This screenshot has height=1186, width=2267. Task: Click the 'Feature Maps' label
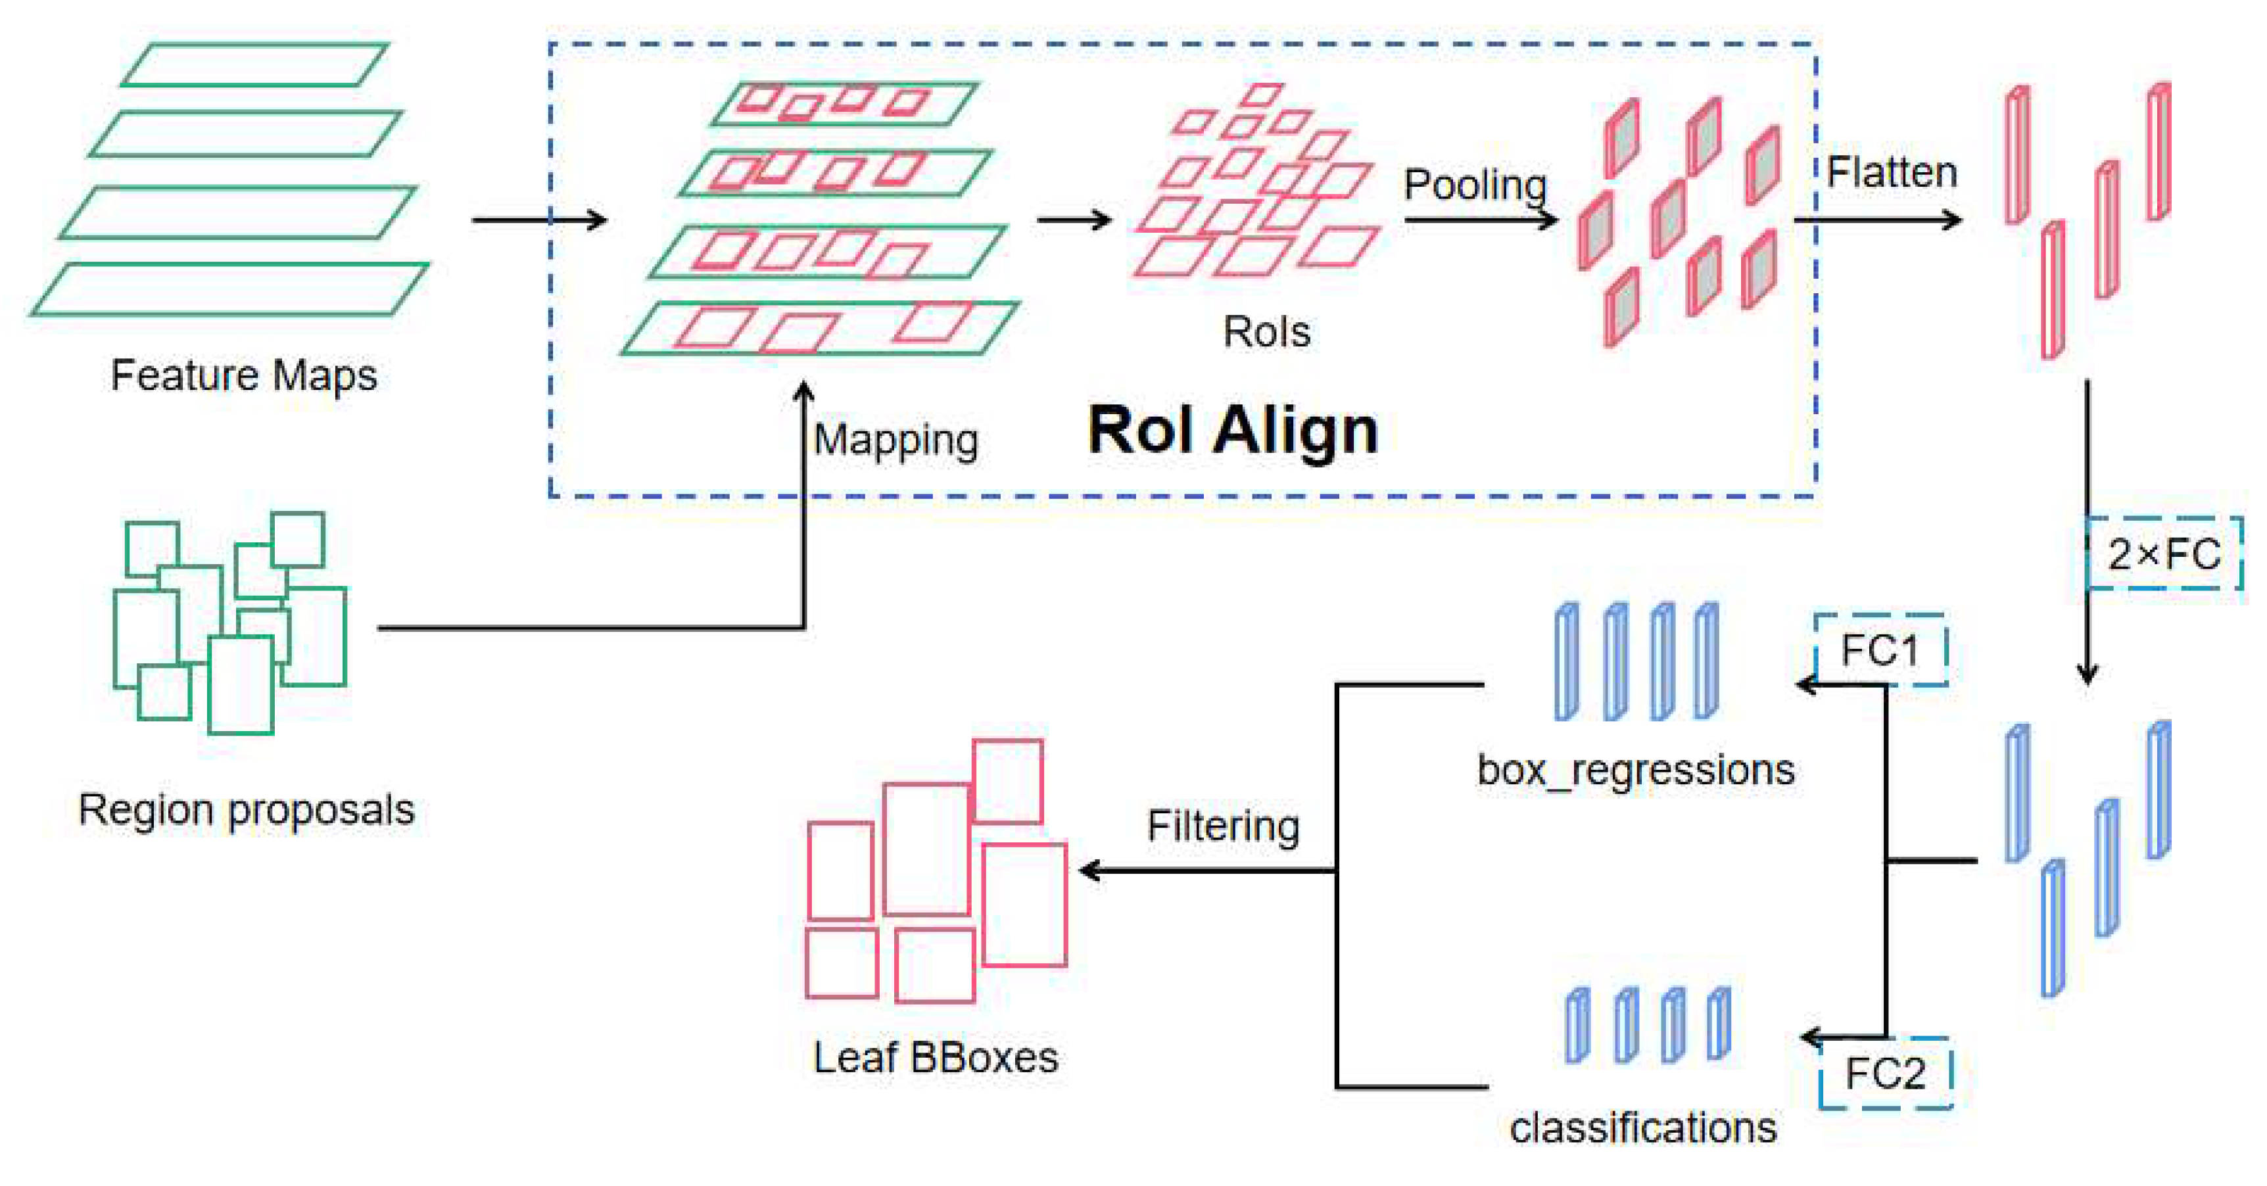(244, 375)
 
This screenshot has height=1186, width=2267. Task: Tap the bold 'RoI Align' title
(1232, 431)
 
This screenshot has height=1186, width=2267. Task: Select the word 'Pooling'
(1475, 185)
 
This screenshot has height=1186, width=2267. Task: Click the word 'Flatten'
(1891, 172)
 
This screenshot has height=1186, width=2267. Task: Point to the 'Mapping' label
(895, 440)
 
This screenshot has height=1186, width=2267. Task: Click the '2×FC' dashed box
(2163, 554)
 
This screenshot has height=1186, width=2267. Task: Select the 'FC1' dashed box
(1880, 651)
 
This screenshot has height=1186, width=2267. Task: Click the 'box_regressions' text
(1635, 771)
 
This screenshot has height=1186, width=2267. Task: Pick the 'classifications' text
(1642, 1128)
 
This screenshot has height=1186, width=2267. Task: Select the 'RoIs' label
(1266, 333)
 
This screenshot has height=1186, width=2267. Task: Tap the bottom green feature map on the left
(231, 289)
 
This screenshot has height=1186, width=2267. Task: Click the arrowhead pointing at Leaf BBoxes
(1089, 871)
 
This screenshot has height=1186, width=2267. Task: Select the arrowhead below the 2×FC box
(2087, 674)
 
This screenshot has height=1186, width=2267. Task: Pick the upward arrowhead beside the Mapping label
(803, 392)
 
